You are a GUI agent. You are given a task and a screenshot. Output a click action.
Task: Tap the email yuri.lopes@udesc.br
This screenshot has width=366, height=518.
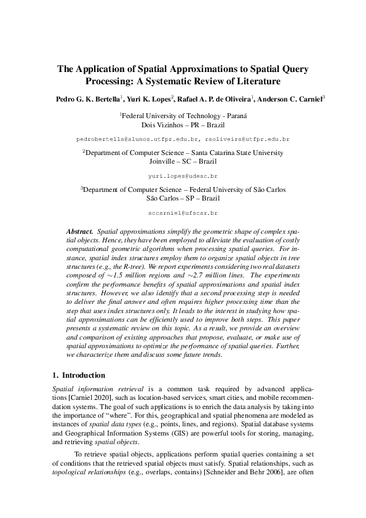pos(183,175)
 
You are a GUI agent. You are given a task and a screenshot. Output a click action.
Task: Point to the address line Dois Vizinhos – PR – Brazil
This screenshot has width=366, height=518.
pos(183,124)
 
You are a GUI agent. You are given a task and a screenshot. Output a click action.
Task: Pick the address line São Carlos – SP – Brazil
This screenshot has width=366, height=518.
pos(183,198)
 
